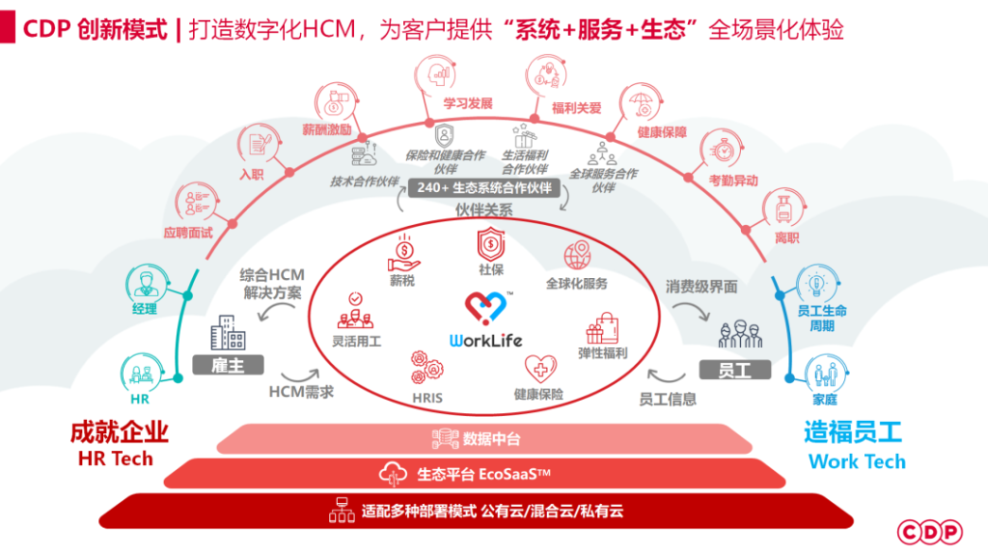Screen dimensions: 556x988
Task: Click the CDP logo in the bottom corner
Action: pyautogui.click(x=930, y=531)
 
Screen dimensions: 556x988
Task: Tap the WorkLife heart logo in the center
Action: pyautogui.click(x=485, y=309)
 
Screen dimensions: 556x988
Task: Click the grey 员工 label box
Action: pyautogui.click(x=734, y=370)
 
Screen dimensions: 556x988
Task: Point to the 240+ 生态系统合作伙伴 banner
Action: pyautogui.click(x=485, y=188)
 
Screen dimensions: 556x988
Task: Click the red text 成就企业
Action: pyautogui.click(x=119, y=431)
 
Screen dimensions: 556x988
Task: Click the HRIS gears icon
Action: pyautogui.click(x=426, y=367)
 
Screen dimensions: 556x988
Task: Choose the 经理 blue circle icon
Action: pyautogui.click(x=144, y=285)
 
